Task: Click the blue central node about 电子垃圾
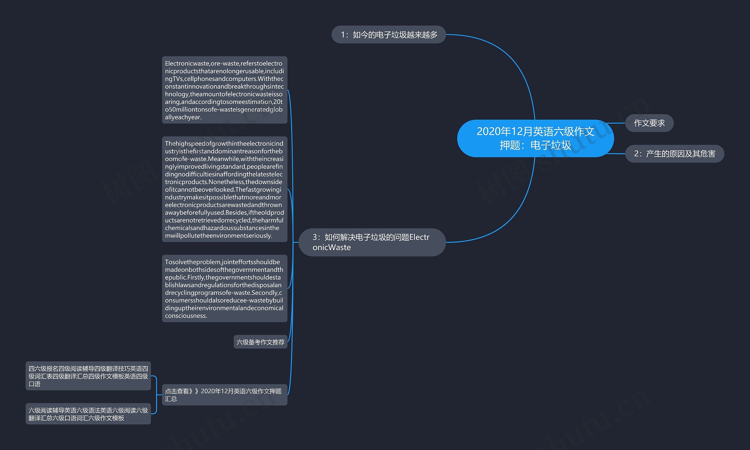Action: [535, 138]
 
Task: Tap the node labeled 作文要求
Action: [649, 123]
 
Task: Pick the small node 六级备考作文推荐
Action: [260, 342]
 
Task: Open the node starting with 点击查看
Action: [224, 394]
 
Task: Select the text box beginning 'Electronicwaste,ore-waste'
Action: [224, 90]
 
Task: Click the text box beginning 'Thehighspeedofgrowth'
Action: [224, 189]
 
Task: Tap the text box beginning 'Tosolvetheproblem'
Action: [224, 288]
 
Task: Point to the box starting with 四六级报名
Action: [88, 376]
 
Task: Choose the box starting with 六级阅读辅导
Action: [88, 414]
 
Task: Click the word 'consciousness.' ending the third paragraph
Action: [186, 316]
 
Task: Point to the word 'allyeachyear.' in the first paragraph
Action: [183, 117]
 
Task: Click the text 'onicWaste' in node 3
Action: [332, 247]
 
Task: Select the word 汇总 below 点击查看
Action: [171, 399]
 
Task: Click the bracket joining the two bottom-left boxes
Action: [156, 394]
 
